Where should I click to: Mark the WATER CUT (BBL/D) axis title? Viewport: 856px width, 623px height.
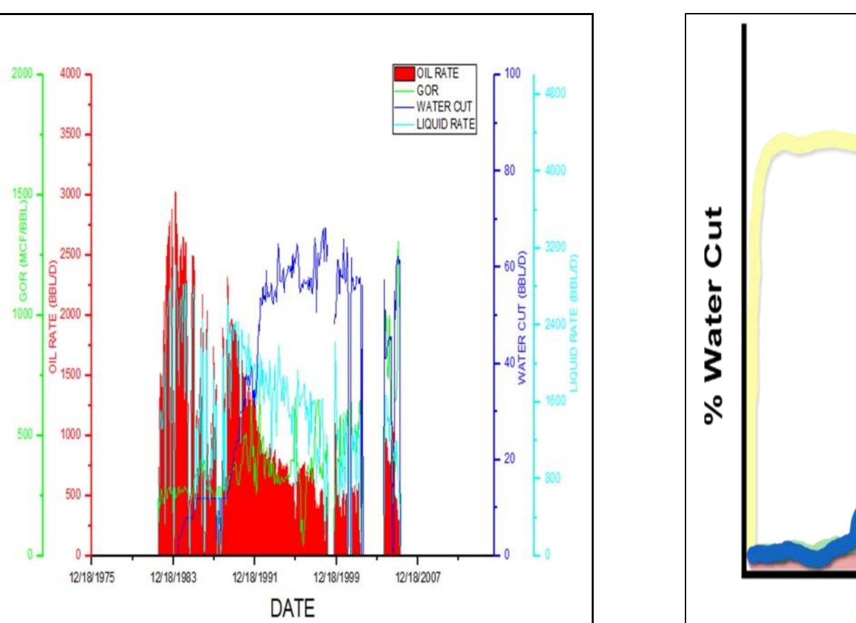(x=522, y=319)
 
